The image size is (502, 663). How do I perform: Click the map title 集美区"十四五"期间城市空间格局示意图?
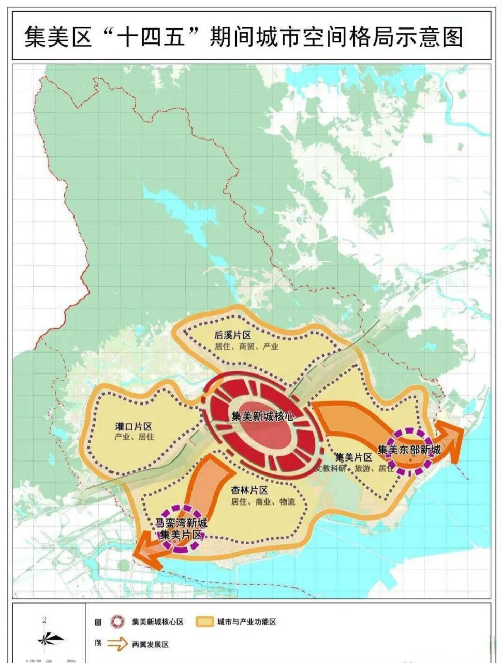click(x=243, y=37)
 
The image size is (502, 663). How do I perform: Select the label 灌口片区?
click(x=134, y=426)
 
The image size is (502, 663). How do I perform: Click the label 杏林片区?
click(x=249, y=490)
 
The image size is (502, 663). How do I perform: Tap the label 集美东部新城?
click(x=409, y=450)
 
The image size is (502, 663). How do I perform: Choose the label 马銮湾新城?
click(x=182, y=523)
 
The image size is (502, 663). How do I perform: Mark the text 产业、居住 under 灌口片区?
click(x=135, y=437)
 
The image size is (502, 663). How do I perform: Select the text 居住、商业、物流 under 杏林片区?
click(x=263, y=501)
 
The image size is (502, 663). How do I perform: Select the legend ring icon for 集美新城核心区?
click(x=119, y=621)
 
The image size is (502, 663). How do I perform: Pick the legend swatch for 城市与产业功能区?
click(x=205, y=621)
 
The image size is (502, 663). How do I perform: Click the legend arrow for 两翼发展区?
click(x=119, y=644)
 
